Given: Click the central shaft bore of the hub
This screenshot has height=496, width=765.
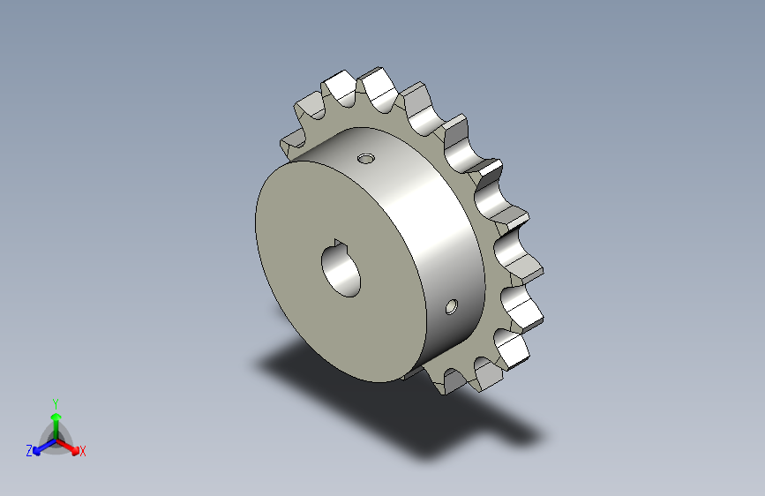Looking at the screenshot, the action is pos(341,271).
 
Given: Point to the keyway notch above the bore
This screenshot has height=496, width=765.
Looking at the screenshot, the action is pos(338,243).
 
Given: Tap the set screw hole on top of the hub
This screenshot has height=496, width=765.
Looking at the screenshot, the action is pos(366,159).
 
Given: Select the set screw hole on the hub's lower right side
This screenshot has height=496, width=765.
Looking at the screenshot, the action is pos(451,307).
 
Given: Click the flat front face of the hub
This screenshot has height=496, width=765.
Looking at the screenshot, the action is pos(337,274).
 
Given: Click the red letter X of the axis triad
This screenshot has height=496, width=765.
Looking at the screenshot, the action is pos(82,451).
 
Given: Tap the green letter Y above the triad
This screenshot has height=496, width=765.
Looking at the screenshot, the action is pos(56,403).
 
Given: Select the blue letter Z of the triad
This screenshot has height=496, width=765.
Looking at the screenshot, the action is pos(29,451).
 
